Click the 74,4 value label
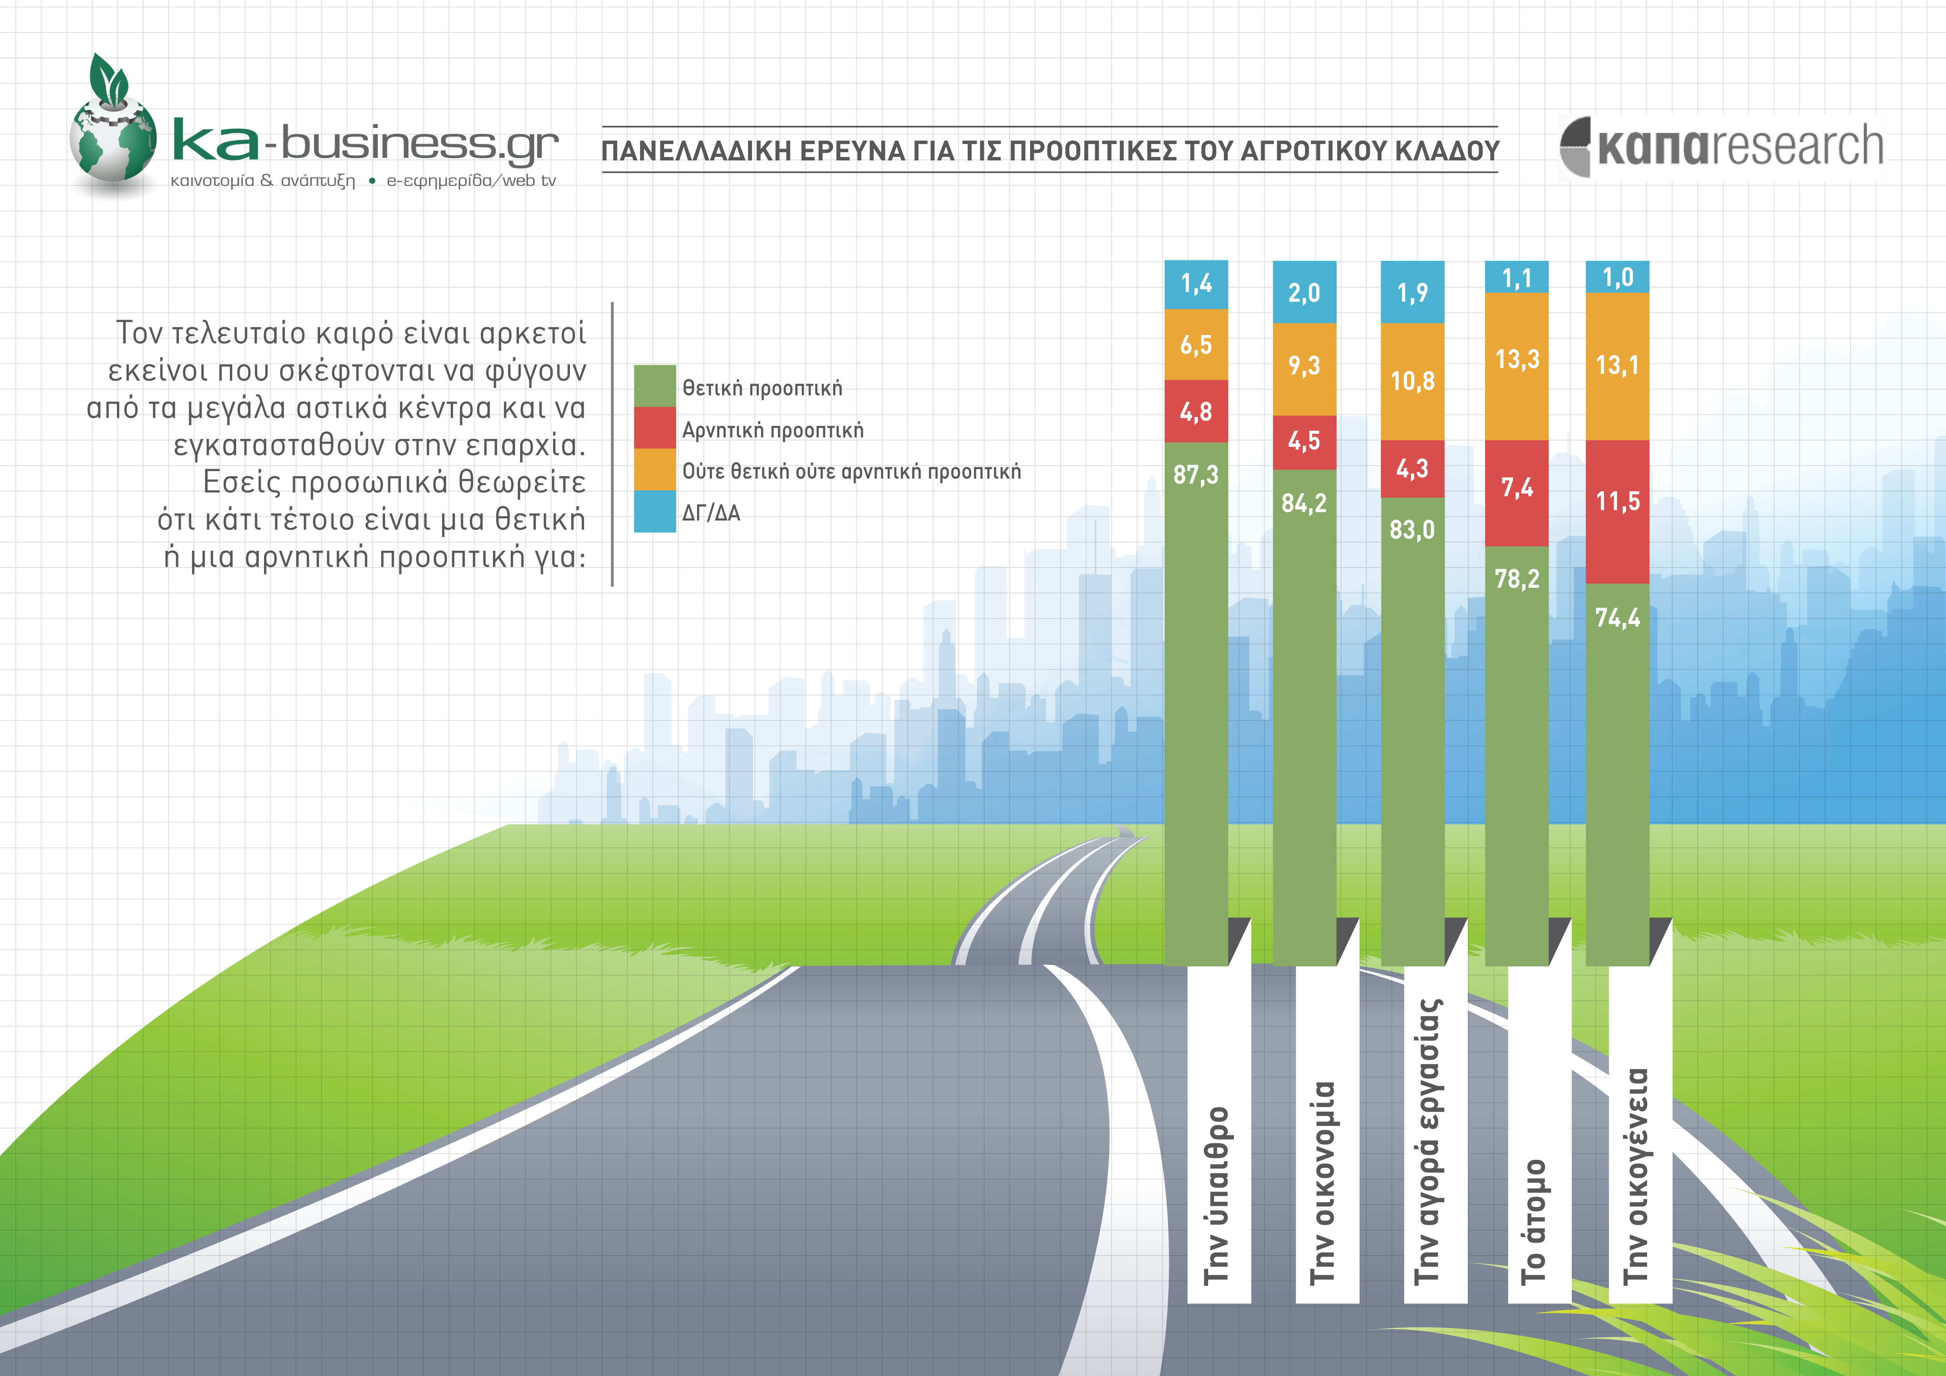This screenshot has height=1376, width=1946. pos(1617,618)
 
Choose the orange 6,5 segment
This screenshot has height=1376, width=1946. pos(1196,345)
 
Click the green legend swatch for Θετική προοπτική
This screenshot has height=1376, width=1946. pos(654,386)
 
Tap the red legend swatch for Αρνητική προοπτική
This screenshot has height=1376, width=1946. pos(654,428)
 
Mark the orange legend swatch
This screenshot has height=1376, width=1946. pos(654,470)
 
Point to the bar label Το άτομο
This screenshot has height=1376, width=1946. pos(1534,1220)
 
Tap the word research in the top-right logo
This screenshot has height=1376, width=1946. pos(1797,146)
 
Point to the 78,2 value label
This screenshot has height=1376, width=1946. pos(1517,579)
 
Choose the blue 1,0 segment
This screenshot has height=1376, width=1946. pos(1617,277)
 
